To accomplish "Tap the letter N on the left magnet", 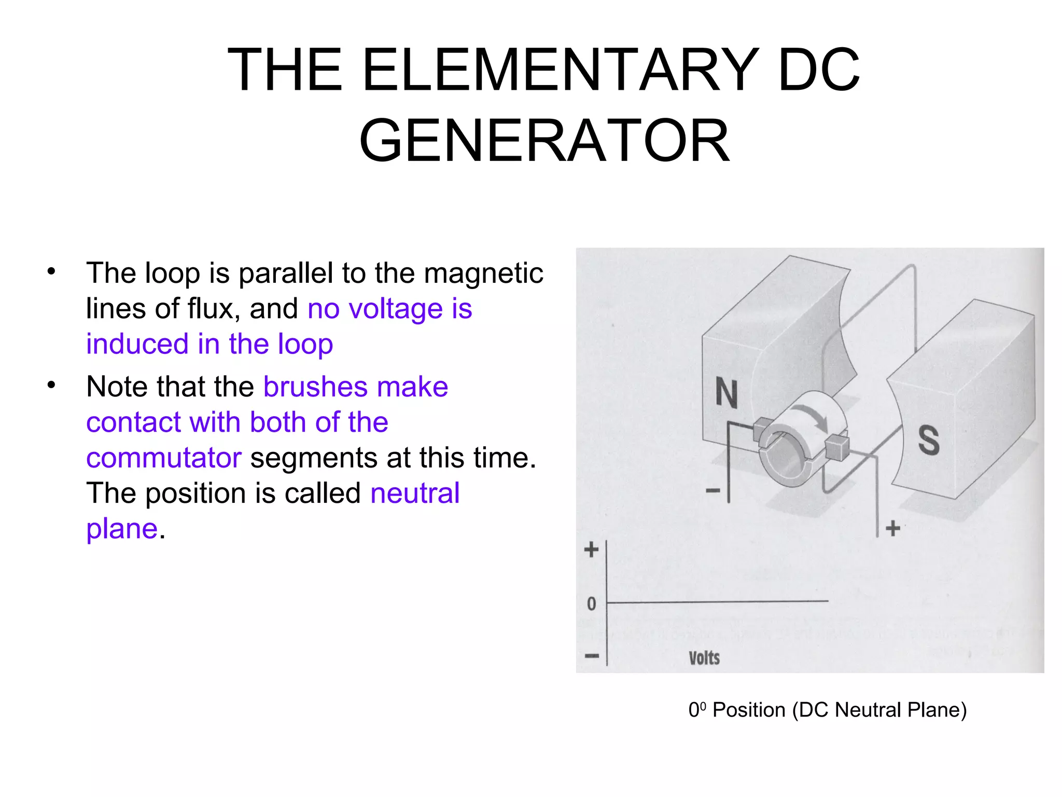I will pyautogui.click(x=726, y=393).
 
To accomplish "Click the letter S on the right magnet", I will pyautogui.click(x=929, y=441).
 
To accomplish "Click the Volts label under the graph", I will pyautogui.click(x=704, y=658).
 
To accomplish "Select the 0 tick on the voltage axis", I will pyautogui.click(x=591, y=603).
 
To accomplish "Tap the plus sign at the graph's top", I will pyautogui.click(x=591, y=549).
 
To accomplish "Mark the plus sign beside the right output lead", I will pyautogui.click(x=892, y=529).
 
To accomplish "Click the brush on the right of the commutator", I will pyautogui.click(x=836, y=447).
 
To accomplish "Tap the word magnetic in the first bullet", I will pyautogui.click(x=483, y=273).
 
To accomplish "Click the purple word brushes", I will pyautogui.click(x=315, y=387).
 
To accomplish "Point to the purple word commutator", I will pyautogui.click(x=164, y=458).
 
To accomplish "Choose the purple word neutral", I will pyautogui.click(x=415, y=493).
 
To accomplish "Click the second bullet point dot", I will pyautogui.click(x=51, y=386).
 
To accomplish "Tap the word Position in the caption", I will pyautogui.click(x=749, y=710).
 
